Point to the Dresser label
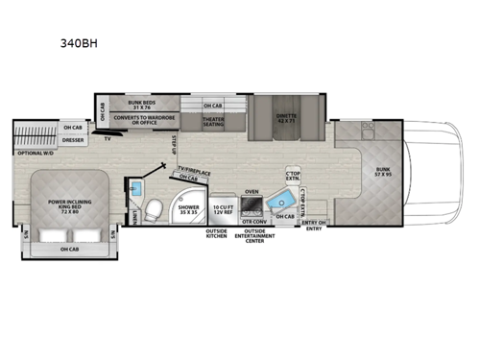coord(73,139)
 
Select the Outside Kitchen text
coord(217,234)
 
